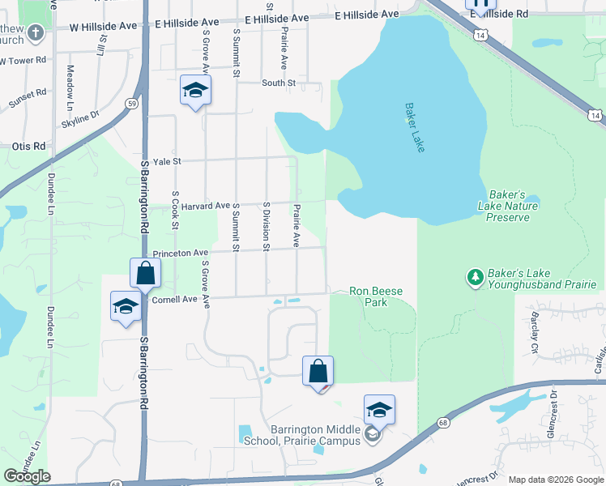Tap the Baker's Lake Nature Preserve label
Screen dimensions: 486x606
click(514, 206)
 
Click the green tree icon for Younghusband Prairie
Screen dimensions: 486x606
click(476, 278)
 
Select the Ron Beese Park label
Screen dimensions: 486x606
click(376, 296)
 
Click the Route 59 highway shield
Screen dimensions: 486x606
click(130, 103)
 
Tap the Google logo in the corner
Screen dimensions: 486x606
click(27, 476)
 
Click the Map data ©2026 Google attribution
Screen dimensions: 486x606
click(556, 480)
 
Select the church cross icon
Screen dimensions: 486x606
click(35, 33)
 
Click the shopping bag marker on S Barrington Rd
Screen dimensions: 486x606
click(145, 272)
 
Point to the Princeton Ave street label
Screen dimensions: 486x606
click(180, 253)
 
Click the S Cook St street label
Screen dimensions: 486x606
click(174, 210)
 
